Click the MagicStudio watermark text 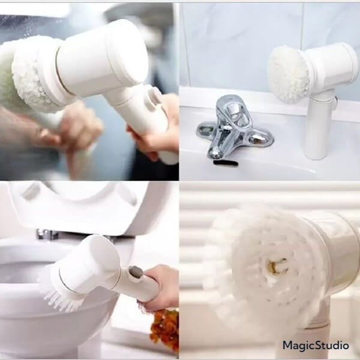tap(316, 346)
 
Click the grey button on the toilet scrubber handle tap(136, 271)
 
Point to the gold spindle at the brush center tap(277, 265)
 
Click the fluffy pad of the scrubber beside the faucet tap(289, 74)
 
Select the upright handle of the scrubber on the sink tap(319, 125)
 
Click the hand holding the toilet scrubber tap(158, 287)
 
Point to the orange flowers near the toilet tap(165, 328)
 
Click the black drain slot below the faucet tap(226, 163)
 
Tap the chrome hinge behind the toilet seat tap(47, 235)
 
